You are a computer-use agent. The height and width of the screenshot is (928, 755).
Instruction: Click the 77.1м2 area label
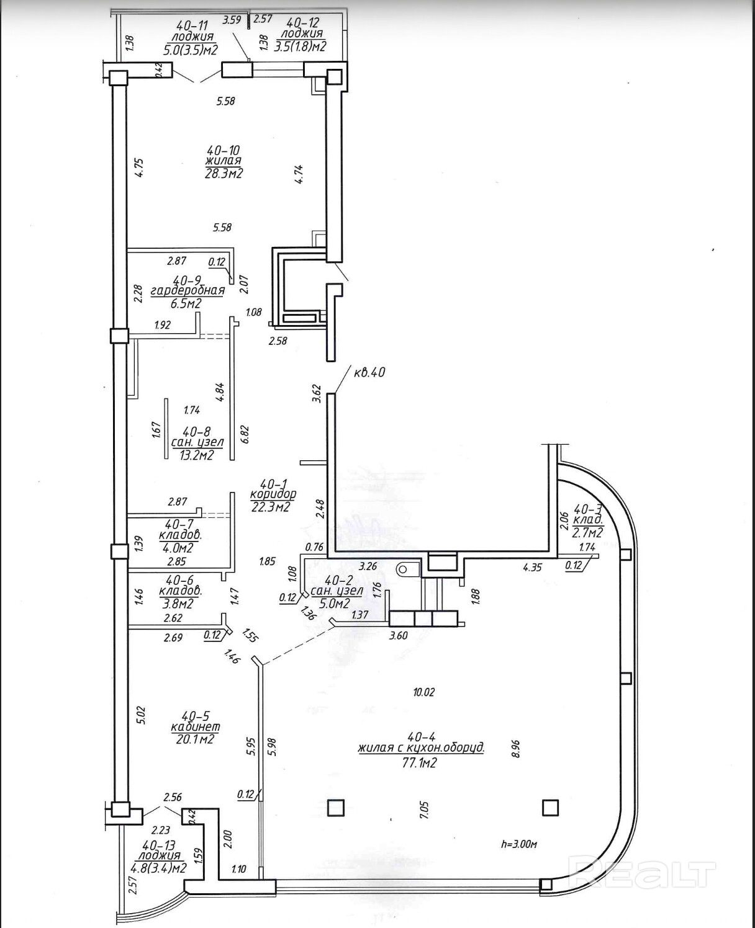tap(420, 762)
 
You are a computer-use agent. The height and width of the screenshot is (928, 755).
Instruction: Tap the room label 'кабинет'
tap(196, 726)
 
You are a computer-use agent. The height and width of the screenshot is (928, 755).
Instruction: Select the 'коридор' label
tap(273, 494)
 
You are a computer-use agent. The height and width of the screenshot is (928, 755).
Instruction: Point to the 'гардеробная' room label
tap(188, 290)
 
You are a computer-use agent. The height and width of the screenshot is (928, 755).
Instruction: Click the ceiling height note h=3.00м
tap(518, 844)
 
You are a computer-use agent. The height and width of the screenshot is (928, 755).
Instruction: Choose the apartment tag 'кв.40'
tap(369, 372)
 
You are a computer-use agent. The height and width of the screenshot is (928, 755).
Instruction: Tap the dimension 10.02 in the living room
tap(423, 692)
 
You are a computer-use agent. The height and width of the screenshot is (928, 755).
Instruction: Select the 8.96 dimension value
tap(515, 749)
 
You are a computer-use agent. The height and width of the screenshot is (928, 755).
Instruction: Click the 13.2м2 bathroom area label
tap(197, 455)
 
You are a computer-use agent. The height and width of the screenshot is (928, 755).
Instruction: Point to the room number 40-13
tap(158, 845)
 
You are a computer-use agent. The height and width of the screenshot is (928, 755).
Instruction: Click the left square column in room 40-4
tap(335, 808)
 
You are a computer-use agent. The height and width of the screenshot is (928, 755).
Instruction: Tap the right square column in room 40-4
tap(550, 808)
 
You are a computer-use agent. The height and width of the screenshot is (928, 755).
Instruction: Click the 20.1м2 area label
tap(194, 739)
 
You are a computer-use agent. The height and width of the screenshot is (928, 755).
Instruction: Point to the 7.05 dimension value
tap(425, 810)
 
